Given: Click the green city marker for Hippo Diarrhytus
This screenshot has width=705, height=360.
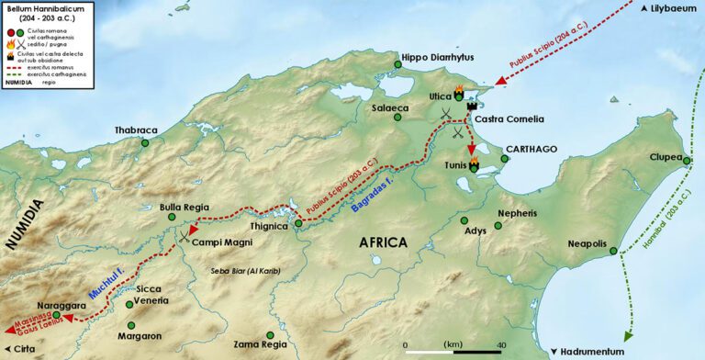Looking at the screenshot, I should click(397, 64).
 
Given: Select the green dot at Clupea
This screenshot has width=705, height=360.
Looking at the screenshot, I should click(687, 161).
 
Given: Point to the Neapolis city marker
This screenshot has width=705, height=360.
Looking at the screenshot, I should click(613, 250).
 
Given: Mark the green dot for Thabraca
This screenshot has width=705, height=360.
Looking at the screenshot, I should click(144, 142).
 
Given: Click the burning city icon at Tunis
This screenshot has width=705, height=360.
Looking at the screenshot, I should click(474, 165).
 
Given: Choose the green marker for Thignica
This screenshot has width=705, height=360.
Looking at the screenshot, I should click(297, 223).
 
